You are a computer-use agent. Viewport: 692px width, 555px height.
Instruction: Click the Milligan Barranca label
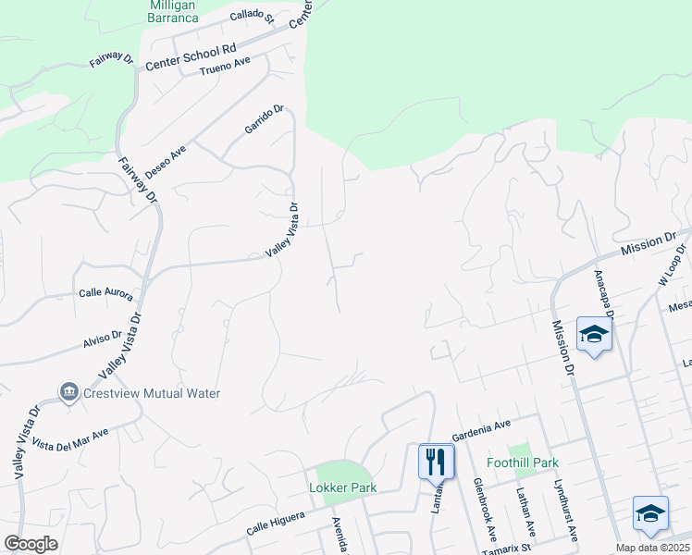[x=174, y=10]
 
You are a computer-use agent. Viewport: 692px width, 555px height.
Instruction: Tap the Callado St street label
[x=253, y=17]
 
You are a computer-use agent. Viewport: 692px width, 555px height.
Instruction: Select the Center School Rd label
[x=192, y=55]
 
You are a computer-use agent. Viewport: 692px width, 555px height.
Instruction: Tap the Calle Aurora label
[x=105, y=294]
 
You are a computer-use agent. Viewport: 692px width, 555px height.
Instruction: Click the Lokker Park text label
[x=342, y=488]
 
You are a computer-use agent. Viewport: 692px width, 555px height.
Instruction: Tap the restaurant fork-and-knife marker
[x=436, y=461]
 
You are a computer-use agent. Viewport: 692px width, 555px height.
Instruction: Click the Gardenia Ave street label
[x=481, y=428]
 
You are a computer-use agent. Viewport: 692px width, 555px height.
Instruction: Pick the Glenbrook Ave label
[x=486, y=509]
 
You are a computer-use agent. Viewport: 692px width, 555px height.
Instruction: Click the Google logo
[x=31, y=544]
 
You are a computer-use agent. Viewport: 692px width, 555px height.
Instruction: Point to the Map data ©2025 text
[x=651, y=548]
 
